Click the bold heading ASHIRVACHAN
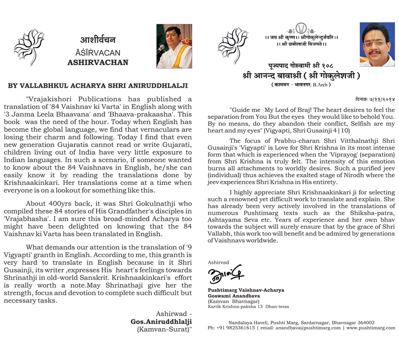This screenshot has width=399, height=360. (x=98, y=62)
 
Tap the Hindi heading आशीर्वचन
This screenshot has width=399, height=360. (x=98, y=40)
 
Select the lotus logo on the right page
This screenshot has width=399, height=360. (x=233, y=45)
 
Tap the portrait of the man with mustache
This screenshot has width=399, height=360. (x=377, y=45)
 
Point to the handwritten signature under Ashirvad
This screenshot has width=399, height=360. (x=225, y=274)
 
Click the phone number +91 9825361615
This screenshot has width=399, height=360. (x=235, y=328)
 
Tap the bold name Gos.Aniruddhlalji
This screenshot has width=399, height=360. (x=161, y=321)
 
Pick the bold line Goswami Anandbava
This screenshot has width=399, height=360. (x=234, y=296)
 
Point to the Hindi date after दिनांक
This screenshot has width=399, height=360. (x=382, y=99)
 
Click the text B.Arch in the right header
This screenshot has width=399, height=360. (x=320, y=85)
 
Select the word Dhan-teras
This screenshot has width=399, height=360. (x=277, y=307)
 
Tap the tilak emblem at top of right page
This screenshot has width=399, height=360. (x=301, y=28)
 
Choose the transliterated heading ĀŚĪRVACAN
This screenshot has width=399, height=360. (x=98, y=52)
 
